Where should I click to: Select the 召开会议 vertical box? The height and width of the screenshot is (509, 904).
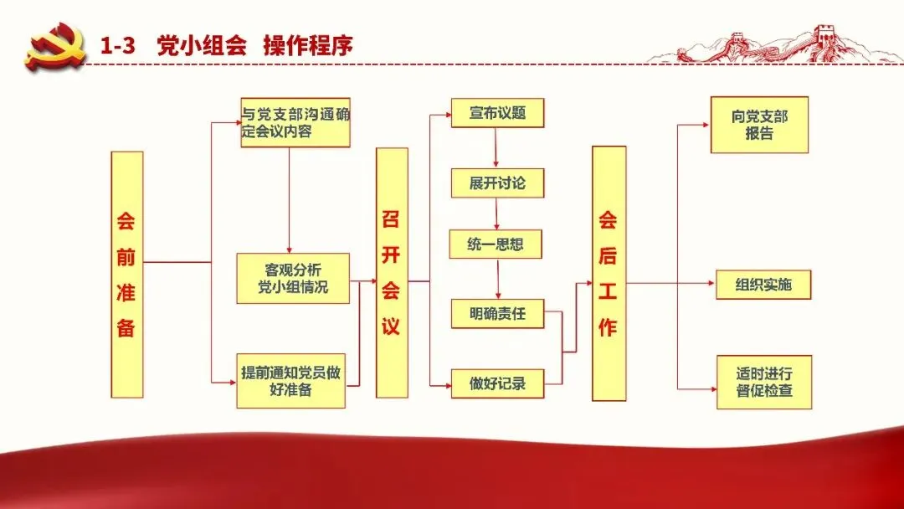pos(392,272)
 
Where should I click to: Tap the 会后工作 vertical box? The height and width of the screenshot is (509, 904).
pos(609,273)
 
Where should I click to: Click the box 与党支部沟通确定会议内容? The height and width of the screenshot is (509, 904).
pos(295,122)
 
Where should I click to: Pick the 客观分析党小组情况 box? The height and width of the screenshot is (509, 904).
pos(292,278)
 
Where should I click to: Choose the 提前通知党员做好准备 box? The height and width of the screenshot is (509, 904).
pos(290,381)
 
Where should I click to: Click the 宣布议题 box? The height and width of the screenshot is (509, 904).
pos(497,113)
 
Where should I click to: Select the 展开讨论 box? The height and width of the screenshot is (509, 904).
pos(497,183)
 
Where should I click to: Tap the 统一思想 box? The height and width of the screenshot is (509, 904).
pos(496,244)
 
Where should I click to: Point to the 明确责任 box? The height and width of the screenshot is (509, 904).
pos(497,314)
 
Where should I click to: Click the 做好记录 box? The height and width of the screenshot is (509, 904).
pos(497,383)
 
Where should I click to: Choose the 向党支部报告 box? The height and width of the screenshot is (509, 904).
pos(759,125)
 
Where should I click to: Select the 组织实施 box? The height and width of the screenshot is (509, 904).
pos(763,285)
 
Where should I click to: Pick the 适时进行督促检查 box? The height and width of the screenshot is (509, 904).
pos(763,382)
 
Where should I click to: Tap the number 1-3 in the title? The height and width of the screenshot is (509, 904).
pos(118,45)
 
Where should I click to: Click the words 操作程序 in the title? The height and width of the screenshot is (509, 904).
pos(308,45)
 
